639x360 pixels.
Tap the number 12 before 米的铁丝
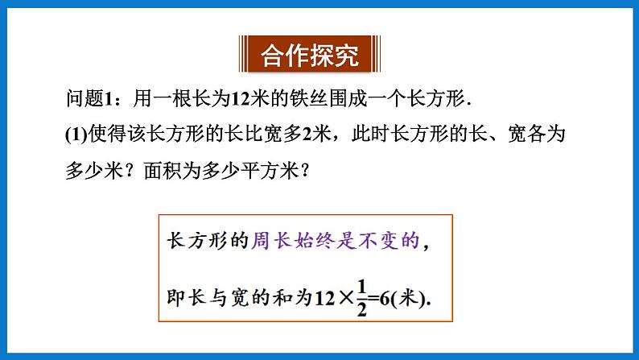pos(241,99)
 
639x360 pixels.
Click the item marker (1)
pos(75,134)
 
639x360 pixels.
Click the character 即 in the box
pos(174,299)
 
